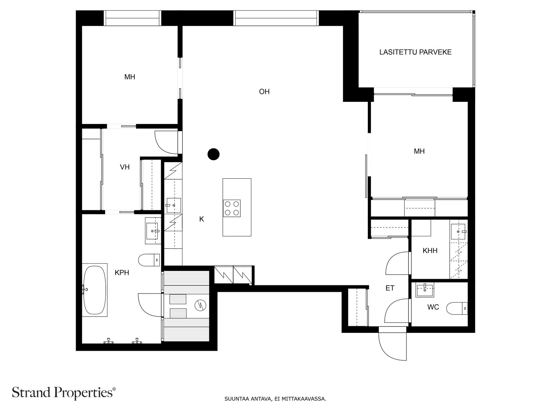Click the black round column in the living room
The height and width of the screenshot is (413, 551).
(214, 154)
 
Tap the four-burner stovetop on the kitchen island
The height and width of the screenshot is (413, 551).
(232, 208)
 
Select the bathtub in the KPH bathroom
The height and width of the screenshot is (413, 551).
(95, 290)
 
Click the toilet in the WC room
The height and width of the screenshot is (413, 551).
(457, 308)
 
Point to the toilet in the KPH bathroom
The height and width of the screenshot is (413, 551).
(149, 260)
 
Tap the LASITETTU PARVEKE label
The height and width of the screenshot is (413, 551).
(415, 52)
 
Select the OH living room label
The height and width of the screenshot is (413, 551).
(264, 92)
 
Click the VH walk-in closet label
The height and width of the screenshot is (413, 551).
(125, 167)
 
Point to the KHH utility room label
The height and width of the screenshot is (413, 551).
(430, 251)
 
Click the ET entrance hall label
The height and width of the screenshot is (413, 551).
(390, 288)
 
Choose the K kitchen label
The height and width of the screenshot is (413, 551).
(201, 219)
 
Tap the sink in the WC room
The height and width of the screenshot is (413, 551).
(425, 290)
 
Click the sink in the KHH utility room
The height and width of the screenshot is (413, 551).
(458, 232)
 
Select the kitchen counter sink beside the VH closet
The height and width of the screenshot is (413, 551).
(174, 205)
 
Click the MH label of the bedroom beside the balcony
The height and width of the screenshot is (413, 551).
(419, 151)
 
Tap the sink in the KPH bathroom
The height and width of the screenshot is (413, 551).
(153, 231)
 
